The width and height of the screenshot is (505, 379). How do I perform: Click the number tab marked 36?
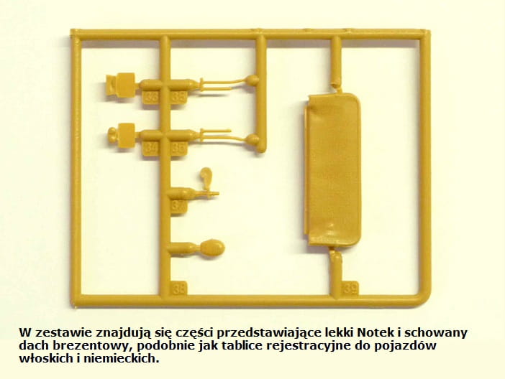[x=150, y=97]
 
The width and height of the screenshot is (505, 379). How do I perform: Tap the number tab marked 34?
[x=150, y=148]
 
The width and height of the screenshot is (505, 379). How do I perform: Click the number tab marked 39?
[x=350, y=289]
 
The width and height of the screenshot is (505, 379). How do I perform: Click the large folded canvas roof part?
[x=332, y=170]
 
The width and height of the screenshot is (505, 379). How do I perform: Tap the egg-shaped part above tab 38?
[x=212, y=248]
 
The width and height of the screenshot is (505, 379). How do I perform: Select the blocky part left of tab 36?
[x=120, y=85]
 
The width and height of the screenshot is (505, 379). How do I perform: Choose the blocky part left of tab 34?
[x=122, y=135]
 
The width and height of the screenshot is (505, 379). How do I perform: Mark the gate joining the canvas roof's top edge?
[x=337, y=86]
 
